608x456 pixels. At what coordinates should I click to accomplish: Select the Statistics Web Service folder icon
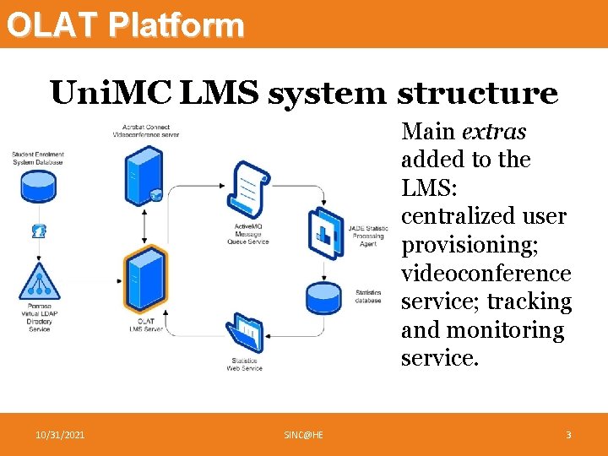(x=246, y=332)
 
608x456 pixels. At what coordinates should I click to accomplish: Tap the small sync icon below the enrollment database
(x=38, y=231)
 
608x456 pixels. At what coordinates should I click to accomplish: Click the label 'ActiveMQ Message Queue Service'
(x=248, y=234)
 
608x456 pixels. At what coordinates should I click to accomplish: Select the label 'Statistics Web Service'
(x=245, y=364)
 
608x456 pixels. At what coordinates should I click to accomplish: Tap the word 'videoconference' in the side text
(x=486, y=274)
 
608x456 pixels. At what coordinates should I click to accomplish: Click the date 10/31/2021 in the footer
(x=60, y=435)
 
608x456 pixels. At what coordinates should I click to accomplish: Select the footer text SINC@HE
(x=303, y=435)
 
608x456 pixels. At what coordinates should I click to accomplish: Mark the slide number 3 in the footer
(x=568, y=435)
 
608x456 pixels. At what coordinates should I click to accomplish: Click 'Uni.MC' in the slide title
(x=111, y=94)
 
